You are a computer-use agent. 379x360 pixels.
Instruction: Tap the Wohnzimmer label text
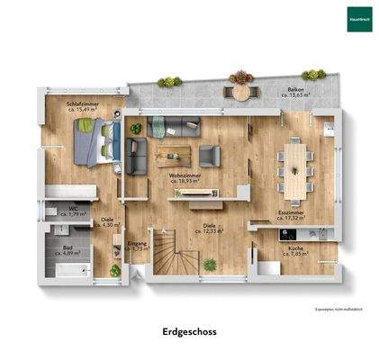click(x=184, y=177)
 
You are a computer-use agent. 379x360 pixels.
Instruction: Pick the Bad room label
click(x=68, y=250)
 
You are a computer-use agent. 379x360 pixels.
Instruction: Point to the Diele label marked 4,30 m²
click(x=107, y=221)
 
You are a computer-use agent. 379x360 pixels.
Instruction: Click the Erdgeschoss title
click(x=189, y=331)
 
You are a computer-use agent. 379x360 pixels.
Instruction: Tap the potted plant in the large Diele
click(x=211, y=265)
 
